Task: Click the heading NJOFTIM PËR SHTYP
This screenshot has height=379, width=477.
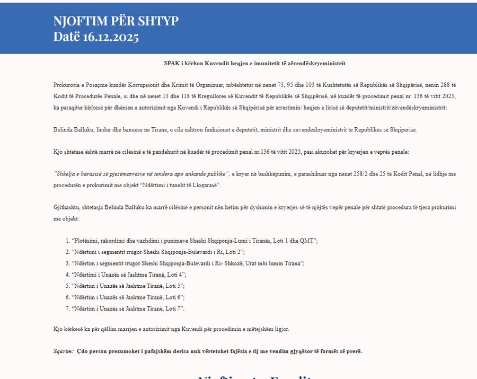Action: pyautogui.click(x=116, y=21)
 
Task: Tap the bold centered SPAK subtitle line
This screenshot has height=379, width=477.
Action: pyautogui.click(x=254, y=64)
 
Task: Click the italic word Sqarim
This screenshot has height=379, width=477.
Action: pyautogui.click(x=63, y=351)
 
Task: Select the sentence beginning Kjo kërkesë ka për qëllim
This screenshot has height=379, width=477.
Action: pyautogui.click(x=171, y=329)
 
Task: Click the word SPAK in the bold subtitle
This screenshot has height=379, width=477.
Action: pyautogui.click(x=171, y=64)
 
